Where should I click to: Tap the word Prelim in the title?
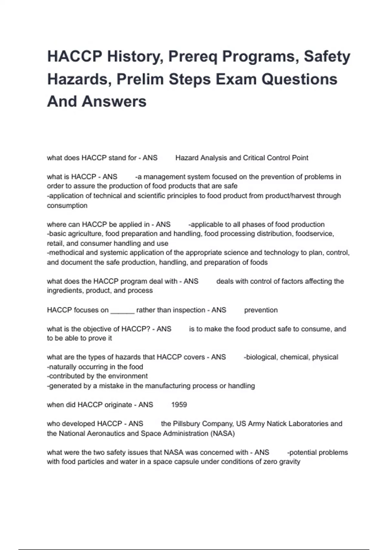click(140, 79)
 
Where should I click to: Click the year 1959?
click(179, 405)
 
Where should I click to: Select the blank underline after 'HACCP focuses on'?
click(122, 310)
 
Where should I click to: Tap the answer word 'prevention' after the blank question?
click(261, 310)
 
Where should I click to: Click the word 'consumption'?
click(67, 205)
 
